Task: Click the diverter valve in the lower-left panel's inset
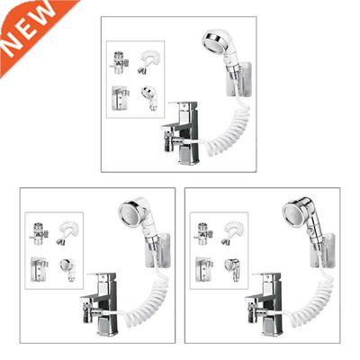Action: click(39, 233)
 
